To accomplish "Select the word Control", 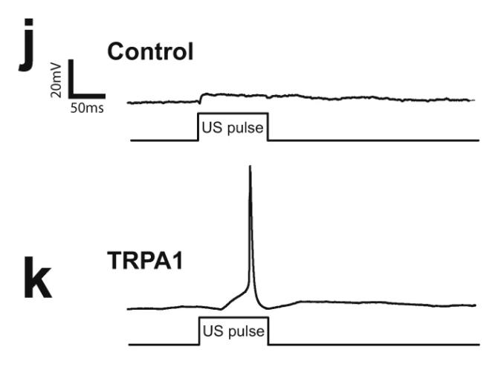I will coord(150,51).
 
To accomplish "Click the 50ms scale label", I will coord(87,108).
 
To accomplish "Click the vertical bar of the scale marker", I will coord(71,79).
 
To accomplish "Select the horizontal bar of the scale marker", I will coord(87,97).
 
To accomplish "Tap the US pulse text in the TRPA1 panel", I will coord(233,330).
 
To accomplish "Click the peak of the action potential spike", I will coord(250,167).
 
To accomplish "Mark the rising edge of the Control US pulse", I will coord(198,126).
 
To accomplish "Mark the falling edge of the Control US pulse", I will coord(268,126).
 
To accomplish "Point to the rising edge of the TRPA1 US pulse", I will coord(199,331).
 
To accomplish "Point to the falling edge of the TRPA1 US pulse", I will coord(268,331).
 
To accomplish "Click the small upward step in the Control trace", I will coord(201,97).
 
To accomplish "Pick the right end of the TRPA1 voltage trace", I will coord(475,305).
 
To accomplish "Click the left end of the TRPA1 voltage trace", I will coord(129,308).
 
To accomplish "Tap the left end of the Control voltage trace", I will coord(129,103).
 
